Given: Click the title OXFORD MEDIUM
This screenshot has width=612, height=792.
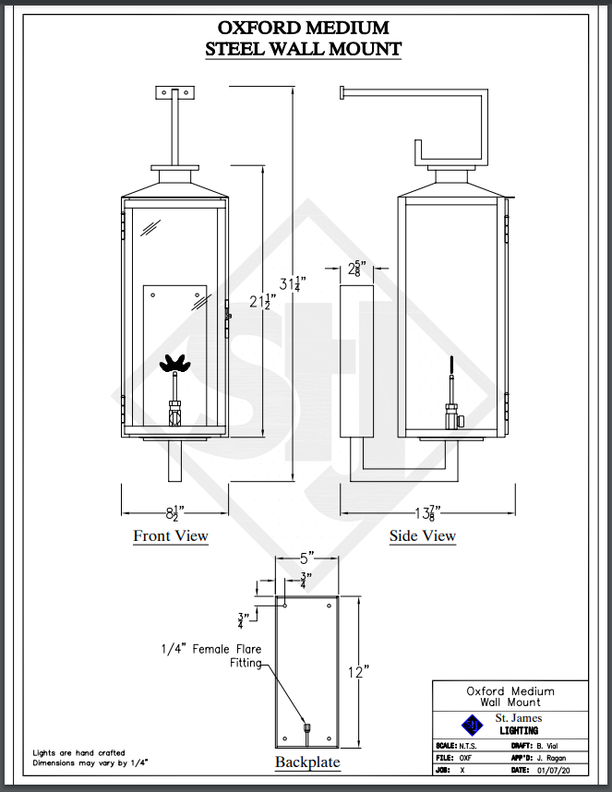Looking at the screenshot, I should tap(303, 28).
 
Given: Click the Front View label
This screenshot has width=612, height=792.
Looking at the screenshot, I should tap(171, 536).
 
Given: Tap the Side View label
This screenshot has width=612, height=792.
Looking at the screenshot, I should tap(423, 536).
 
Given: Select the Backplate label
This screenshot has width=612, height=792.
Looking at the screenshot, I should tap(307, 762).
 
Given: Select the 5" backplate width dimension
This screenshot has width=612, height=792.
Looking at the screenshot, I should tap(306, 558).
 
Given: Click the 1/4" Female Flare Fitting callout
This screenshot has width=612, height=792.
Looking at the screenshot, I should tap(210, 656).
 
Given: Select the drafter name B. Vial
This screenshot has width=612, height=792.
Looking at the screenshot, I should tap(551, 744).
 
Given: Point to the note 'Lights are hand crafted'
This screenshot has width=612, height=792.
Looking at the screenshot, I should tap(78, 753).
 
